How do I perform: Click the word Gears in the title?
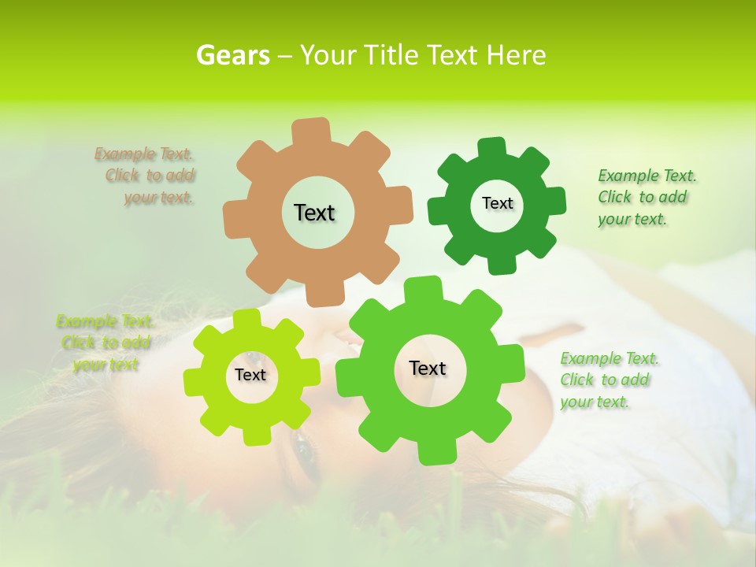(x=232, y=55)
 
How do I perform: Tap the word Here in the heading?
(x=516, y=55)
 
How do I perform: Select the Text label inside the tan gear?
(x=314, y=213)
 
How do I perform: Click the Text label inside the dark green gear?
(x=497, y=203)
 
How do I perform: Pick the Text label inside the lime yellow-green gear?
(x=250, y=376)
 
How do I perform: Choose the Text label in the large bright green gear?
(x=428, y=369)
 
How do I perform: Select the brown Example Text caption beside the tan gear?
(x=146, y=176)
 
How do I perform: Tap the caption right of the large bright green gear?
(x=608, y=380)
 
